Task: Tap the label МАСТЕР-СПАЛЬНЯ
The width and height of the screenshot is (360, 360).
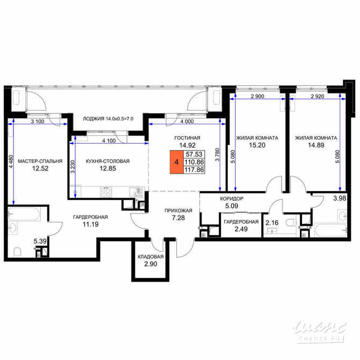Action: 40,161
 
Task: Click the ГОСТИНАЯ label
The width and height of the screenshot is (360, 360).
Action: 187,138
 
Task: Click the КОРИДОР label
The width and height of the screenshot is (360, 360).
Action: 232,198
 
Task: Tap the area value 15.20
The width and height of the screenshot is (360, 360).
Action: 257,146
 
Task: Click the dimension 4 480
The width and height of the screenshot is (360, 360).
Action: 11,163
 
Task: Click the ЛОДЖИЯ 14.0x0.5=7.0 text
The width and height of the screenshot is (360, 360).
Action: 108,119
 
